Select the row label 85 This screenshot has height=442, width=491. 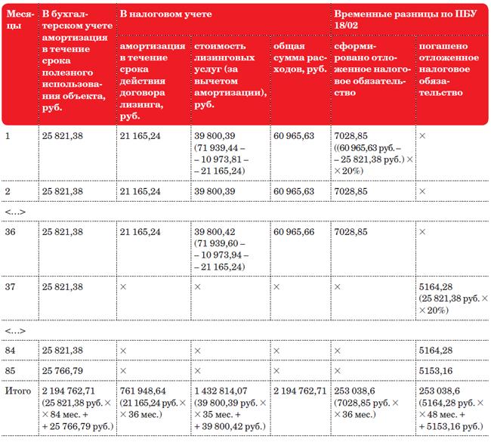(11, 370)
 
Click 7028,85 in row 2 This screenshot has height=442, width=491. (351, 192)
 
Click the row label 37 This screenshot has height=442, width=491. (11, 288)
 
